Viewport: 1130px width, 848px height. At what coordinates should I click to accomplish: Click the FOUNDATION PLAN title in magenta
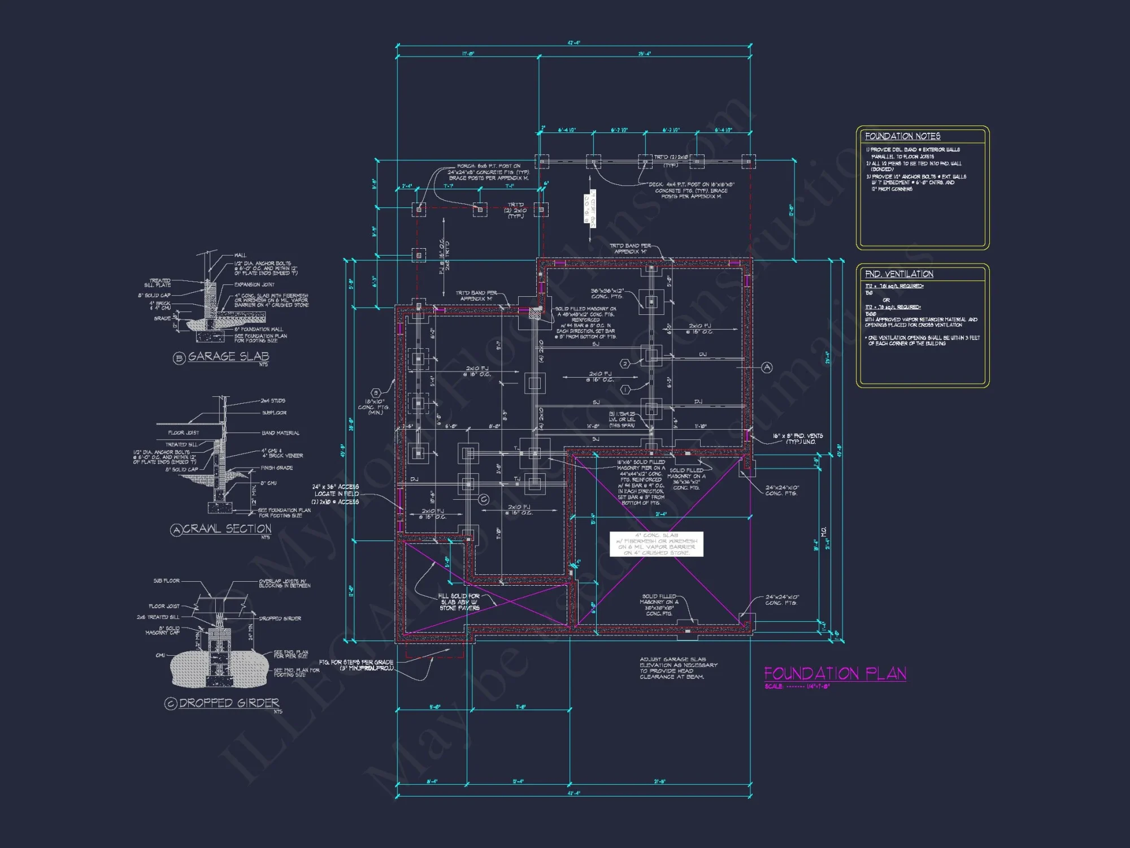click(835, 673)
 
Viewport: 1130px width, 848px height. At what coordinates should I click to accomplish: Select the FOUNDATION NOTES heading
click(902, 136)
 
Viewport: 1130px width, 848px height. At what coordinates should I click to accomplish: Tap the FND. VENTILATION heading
click(899, 274)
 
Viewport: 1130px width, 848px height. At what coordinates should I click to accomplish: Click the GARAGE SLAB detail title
click(228, 357)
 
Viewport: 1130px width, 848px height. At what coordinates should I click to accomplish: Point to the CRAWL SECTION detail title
click(227, 529)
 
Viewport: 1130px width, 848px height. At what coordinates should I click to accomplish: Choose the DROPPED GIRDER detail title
click(229, 703)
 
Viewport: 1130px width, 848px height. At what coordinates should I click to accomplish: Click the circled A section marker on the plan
click(767, 367)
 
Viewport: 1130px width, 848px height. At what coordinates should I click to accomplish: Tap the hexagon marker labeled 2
click(625, 364)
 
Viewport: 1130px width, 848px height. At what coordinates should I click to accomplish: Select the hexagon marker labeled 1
click(625, 390)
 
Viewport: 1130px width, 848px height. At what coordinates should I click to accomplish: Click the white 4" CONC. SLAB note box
click(656, 544)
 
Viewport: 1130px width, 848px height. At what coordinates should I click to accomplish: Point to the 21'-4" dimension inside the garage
click(660, 514)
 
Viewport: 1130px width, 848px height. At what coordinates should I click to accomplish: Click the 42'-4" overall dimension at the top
click(573, 43)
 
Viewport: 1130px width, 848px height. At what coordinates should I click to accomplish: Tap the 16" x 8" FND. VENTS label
click(797, 439)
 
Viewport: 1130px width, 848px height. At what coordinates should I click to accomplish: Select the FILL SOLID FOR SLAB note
click(459, 602)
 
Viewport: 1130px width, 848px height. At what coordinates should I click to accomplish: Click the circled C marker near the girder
click(484, 499)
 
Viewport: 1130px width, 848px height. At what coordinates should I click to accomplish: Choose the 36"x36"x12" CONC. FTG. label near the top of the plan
click(607, 293)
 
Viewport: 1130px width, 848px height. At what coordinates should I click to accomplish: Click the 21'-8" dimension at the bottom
click(659, 782)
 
